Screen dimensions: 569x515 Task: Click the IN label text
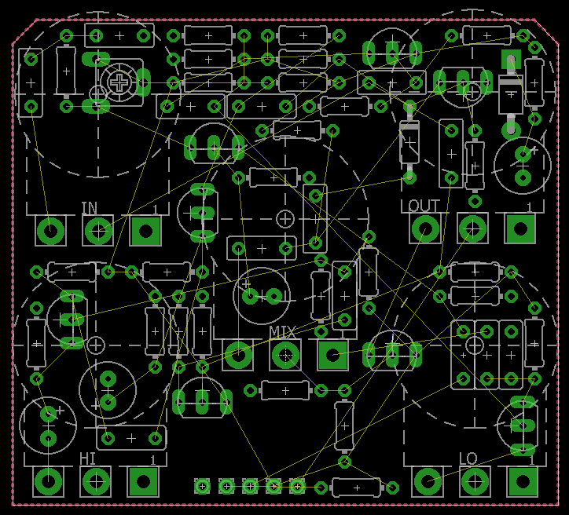pyautogui.click(x=90, y=208)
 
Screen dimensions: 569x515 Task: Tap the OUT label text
pyautogui.click(x=424, y=206)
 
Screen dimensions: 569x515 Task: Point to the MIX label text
pyautogui.click(x=282, y=332)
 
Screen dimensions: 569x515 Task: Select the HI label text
pyautogui.click(x=87, y=458)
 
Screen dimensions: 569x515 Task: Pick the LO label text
pyautogui.click(x=468, y=458)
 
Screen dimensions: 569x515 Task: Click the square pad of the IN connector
pyautogui.click(x=145, y=231)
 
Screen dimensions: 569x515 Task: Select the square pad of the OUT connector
pyautogui.click(x=520, y=228)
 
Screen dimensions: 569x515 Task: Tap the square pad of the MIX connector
pyautogui.click(x=332, y=355)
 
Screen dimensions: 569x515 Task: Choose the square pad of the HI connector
pyautogui.click(x=143, y=482)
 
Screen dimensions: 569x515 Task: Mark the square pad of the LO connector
pyautogui.click(x=523, y=482)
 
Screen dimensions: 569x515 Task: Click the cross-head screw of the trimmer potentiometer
pyautogui.click(x=119, y=83)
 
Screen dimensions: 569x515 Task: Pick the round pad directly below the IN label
pyautogui.click(x=98, y=231)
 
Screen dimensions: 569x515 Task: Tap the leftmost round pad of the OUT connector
pyautogui.click(x=425, y=228)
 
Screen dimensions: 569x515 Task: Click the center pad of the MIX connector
pyautogui.click(x=285, y=355)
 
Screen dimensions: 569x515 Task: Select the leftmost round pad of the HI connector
pyautogui.click(x=48, y=482)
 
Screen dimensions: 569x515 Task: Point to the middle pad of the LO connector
pyautogui.click(x=475, y=482)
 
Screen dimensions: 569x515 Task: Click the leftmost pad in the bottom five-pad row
pyautogui.click(x=202, y=487)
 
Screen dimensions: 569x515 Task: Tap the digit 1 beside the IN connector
pyautogui.click(x=155, y=209)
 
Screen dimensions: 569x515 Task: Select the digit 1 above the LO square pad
pyautogui.click(x=531, y=460)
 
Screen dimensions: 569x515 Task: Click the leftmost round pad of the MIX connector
pyautogui.click(x=238, y=355)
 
